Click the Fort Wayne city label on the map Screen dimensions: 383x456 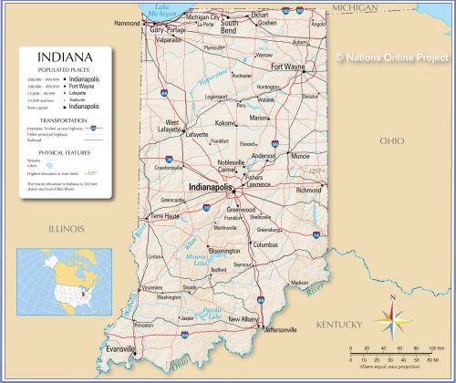pos(288,67)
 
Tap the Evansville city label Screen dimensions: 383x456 pos(119,349)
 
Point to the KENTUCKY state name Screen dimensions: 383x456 pos(339,325)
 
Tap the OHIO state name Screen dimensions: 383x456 pos(391,140)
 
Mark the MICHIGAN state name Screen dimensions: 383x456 pos(355,7)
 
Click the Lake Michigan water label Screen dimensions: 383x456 pos(163,10)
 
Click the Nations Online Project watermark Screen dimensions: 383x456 pos(391,57)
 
